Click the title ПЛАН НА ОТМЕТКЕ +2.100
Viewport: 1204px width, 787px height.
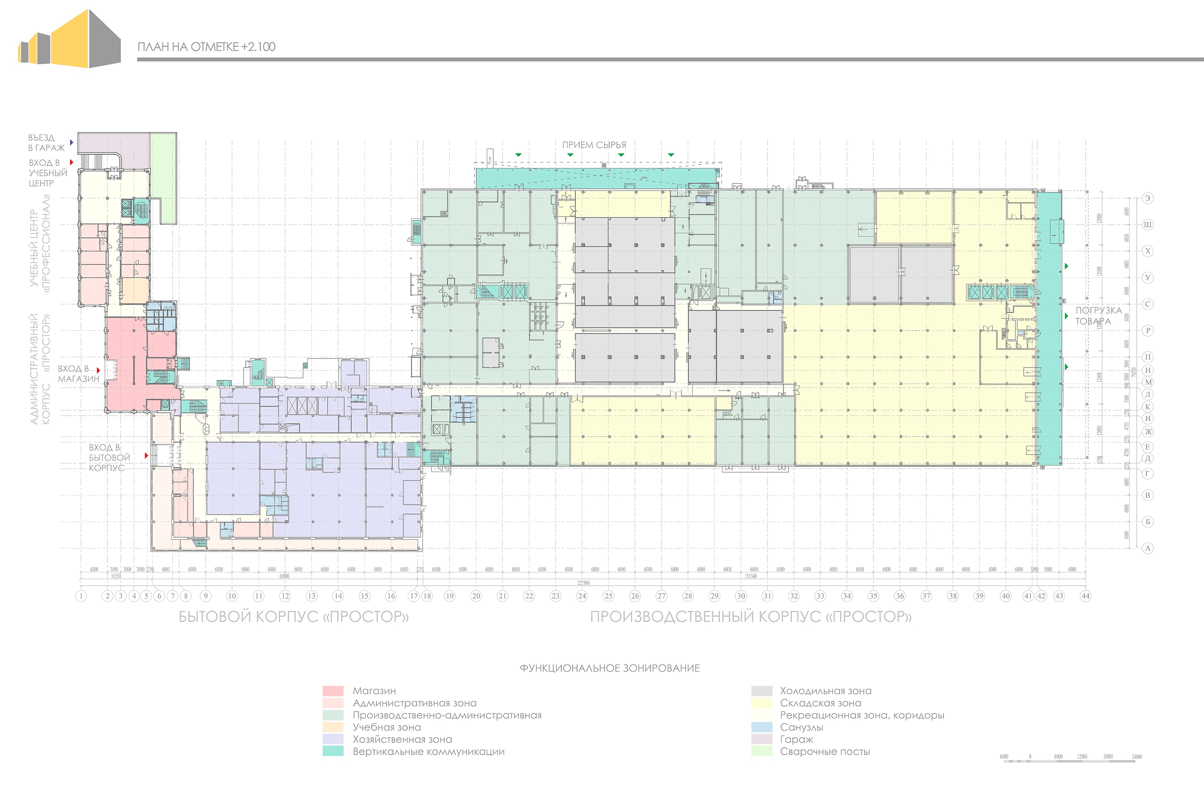(207, 47)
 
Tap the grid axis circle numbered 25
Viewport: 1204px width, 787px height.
(608, 596)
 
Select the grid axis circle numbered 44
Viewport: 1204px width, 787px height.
(1085, 596)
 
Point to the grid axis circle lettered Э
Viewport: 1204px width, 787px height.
(1147, 198)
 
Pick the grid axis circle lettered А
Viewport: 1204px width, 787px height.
(1147, 548)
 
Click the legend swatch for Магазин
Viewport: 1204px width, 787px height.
(333, 691)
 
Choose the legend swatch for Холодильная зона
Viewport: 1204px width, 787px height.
(761, 691)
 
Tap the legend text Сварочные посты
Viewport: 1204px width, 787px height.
(824, 751)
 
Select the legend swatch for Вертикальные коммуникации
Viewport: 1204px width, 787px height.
(333, 751)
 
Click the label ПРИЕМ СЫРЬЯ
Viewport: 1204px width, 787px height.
(594, 145)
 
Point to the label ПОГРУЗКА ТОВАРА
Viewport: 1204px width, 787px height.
(1098, 315)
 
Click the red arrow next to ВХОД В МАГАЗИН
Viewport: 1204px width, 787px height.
(99, 371)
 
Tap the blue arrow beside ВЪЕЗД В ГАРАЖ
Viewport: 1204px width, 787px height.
(71, 142)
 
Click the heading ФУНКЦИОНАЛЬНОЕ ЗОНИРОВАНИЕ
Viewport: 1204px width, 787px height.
(610, 668)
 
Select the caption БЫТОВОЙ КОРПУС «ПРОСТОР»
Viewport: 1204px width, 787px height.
(293, 617)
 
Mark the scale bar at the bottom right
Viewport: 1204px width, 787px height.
(1070, 760)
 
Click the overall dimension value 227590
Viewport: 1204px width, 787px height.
(583, 583)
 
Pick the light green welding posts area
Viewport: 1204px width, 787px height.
(164, 177)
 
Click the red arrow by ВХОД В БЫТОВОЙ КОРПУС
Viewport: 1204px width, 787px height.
(146, 455)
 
